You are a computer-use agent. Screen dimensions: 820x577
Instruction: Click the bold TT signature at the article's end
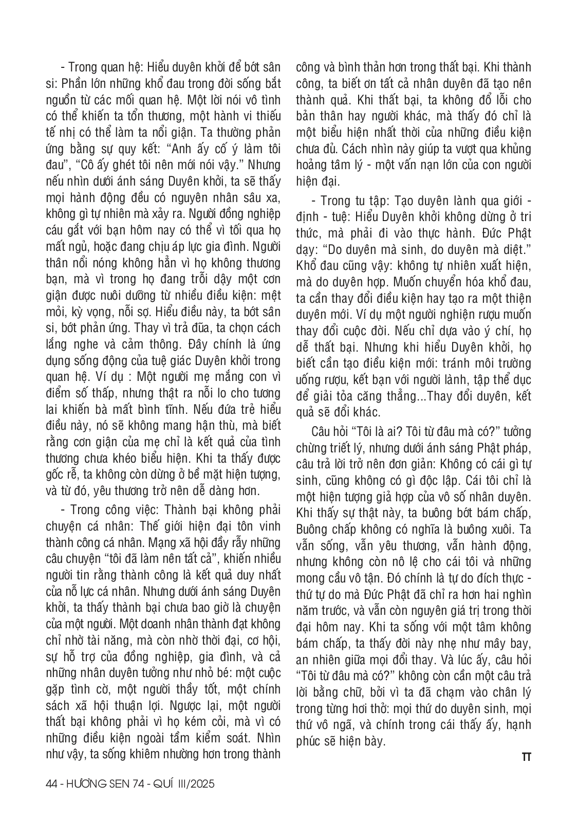click(526, 757)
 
